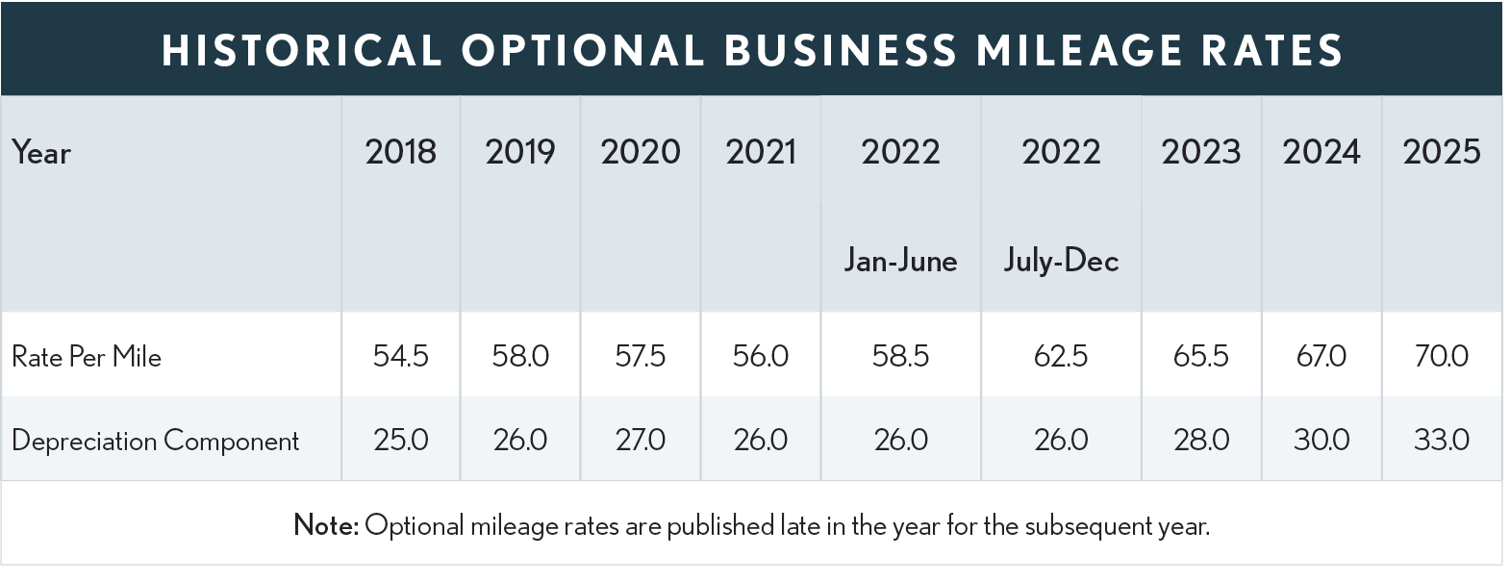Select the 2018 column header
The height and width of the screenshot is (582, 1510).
click(x=400, y=152)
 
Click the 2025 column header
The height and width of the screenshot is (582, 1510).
click(x=1441, y=152)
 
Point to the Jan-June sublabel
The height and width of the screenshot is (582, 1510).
click(x=900, y=261)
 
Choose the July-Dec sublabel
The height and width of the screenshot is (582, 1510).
click(x=1061, y=261)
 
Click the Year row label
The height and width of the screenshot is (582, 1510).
click(x=41, y=153)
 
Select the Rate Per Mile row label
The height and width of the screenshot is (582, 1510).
click(x=87, y=357)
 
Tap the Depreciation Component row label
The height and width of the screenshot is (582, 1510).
click(x=156, y=441)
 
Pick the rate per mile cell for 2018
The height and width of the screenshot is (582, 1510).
click(x=400, y=357)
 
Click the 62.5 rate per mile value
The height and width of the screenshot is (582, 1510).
click(x=1061, y=357)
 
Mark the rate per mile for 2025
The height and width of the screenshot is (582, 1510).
click(x=1441, y=357)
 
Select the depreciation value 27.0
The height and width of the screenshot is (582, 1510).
click(x=640, y=441)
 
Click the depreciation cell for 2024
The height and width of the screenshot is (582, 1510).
click(x=1321, y=441)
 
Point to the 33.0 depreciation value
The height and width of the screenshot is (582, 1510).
click(x=1441, y=441)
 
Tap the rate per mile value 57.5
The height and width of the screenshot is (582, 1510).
click(x=640, y=357)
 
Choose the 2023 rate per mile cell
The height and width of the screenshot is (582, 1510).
click(x=1200, y=357)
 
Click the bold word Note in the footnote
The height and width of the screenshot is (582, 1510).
click(x=325, y=525)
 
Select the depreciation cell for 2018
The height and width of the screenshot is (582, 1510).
click(x=400, y=441)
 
